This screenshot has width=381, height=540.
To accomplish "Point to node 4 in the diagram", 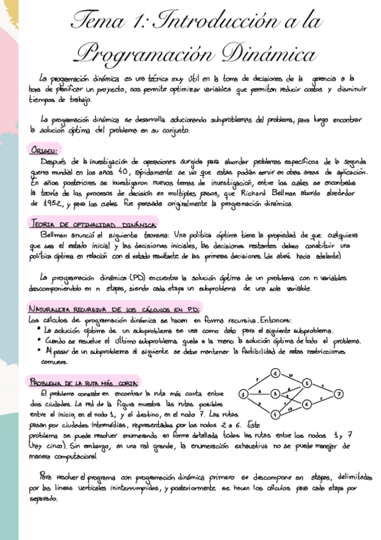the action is coord(275,414).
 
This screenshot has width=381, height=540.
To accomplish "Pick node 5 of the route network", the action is coord(307,383).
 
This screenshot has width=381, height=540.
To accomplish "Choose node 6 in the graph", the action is coord(307,404).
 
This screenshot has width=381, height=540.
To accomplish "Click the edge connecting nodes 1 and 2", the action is coord(259,383).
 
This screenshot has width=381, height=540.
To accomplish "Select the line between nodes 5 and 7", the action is coord(322,388).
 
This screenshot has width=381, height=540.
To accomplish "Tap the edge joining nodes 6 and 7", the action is coord(322,399).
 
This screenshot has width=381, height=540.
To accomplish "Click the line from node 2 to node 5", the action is coord(291,378).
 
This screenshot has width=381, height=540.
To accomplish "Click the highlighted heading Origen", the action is coord(44,150).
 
